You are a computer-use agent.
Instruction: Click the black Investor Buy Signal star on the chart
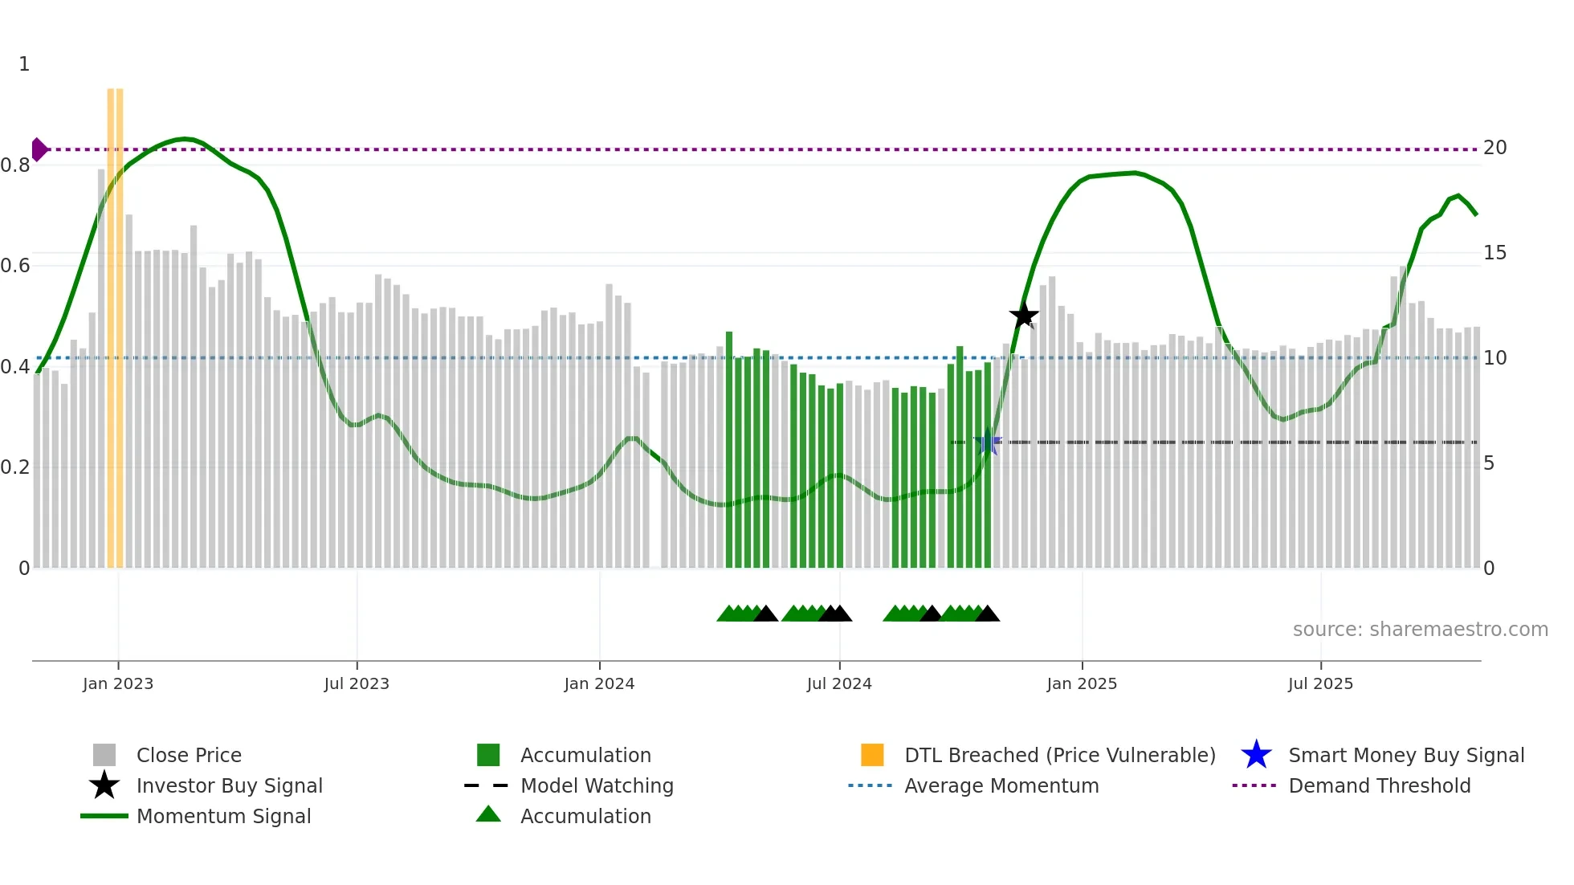click(x=1024, y=316)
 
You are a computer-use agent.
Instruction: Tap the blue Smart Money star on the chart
click(x=988, y=442)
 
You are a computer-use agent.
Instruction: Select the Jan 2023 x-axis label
click(x=118, y=683)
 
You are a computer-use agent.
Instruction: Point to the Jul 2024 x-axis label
click(x=839, y=683)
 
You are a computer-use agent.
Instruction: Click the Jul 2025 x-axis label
click(x=1320, y=683)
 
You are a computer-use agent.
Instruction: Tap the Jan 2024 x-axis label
click(x=599, y=683)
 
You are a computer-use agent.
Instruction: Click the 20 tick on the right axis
click(x=1494, y=148)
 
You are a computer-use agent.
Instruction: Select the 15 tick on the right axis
click(x=1494, y=253)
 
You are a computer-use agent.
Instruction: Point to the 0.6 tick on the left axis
click(x=16, y=266)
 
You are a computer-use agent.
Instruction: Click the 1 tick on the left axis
click(x=24, y=64)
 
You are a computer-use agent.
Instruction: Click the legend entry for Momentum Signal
click(x=223, y=816)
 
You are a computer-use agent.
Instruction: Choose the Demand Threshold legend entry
click(x=1379, y=785)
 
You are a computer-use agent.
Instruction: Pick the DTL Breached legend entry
click(x=1059, y=755)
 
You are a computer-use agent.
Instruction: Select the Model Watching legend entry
click(x=597, y=785)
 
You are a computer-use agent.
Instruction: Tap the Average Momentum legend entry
click(x=1001, y=785)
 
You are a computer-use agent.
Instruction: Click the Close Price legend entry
click(x=189, y=755)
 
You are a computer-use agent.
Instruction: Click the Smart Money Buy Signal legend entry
click(x=1406, y=755)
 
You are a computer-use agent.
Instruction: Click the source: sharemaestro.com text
click(x=1420, y=630)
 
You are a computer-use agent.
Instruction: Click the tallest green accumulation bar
click(x=729, y=450)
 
